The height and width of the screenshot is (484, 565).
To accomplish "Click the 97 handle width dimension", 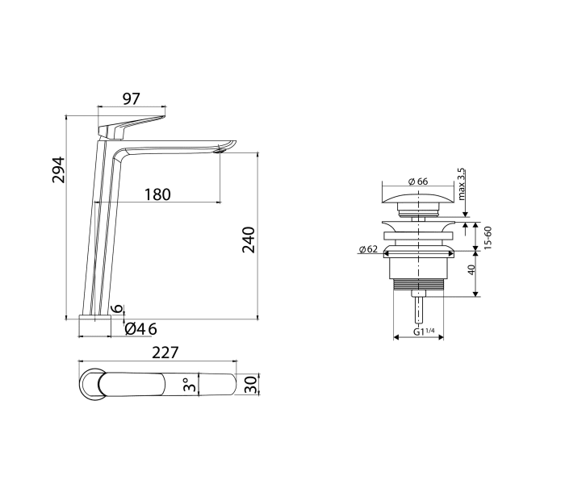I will [132, 98].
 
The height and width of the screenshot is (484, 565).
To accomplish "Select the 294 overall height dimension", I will [59, 169].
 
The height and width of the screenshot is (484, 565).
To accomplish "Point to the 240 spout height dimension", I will [249, 240].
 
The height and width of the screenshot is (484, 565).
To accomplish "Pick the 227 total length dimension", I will [164, 353].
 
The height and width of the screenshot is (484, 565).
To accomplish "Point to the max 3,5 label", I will [462, 185].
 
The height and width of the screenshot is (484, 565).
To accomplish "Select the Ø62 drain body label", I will [370, 249].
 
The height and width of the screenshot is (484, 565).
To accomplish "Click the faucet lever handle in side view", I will [129, 125].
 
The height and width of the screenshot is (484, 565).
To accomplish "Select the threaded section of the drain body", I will [417, 284].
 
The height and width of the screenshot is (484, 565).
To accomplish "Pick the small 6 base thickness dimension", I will [118, 309].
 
